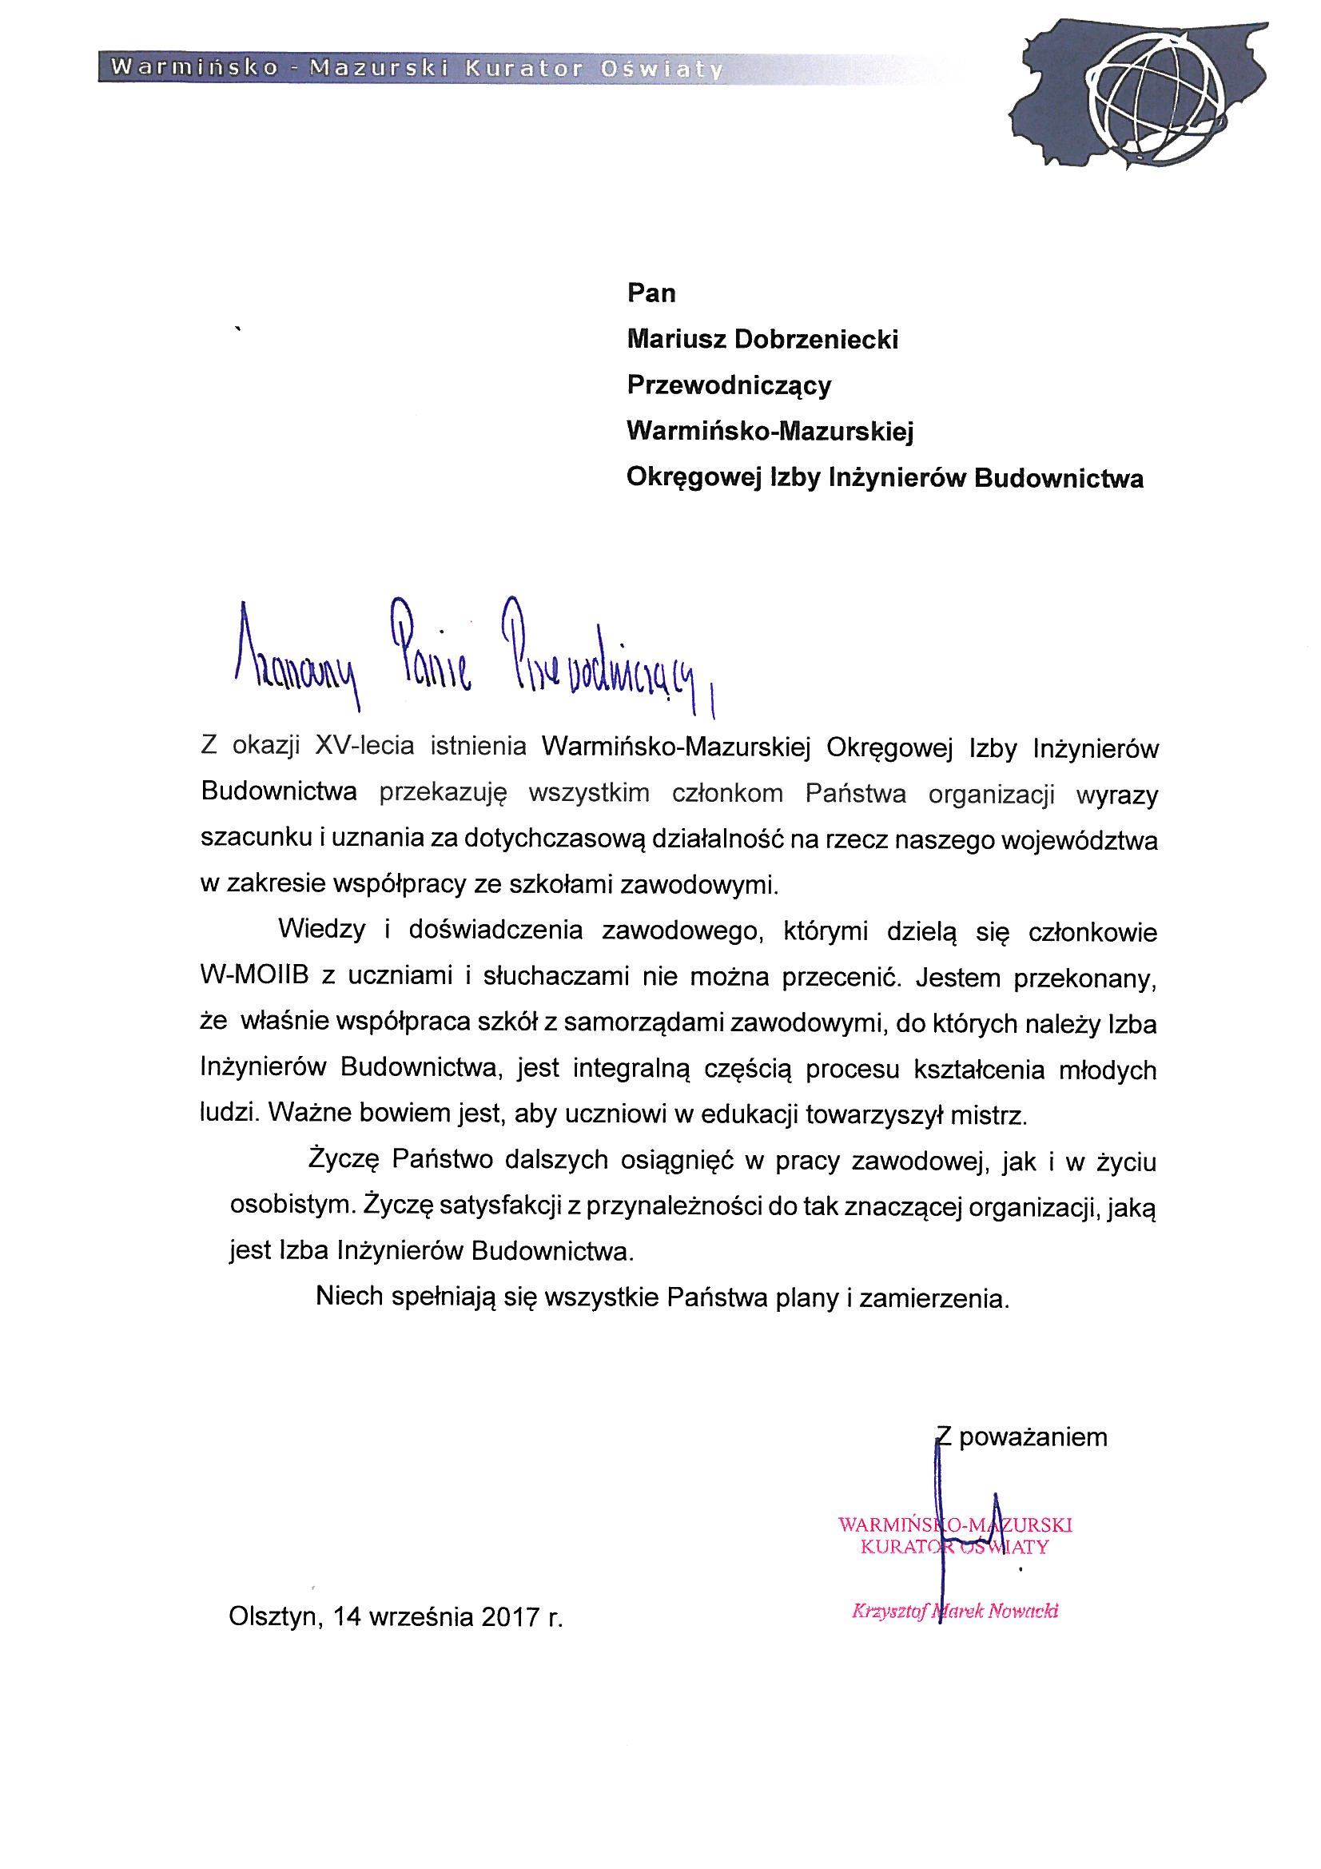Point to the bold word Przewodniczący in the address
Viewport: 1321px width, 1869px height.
[x=729, y=385]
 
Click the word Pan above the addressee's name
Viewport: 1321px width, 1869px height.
[x=651, y=293]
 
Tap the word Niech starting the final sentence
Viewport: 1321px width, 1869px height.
[x=349, y=1296]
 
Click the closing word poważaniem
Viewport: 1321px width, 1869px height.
[x=1033, y=1437]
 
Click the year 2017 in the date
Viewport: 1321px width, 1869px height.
[x=511, y=1616]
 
